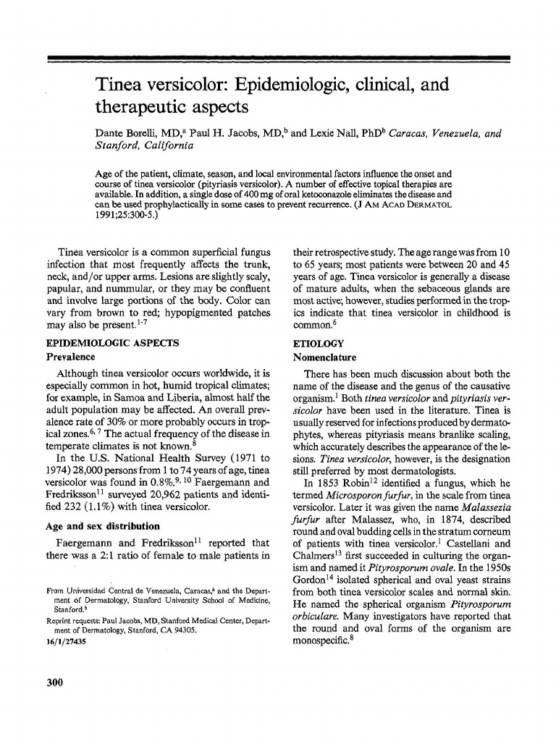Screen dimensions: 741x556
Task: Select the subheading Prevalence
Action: click(x=71, y=357)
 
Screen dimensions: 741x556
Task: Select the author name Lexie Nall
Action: click(x=333, y=134)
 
